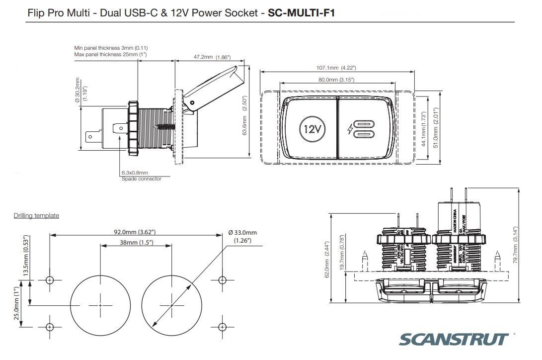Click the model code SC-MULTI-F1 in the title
pos(301,13)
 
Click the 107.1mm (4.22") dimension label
pos(336,68)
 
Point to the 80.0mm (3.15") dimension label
pos(336,80)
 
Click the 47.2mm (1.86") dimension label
pos(212,57)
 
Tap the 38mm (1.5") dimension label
pos(136,242)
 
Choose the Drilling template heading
pos(36,215)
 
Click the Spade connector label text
pos(142,179)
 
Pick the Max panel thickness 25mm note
pos(110,54)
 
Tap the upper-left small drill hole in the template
pos(49,280)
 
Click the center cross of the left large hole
pos(100,305)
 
